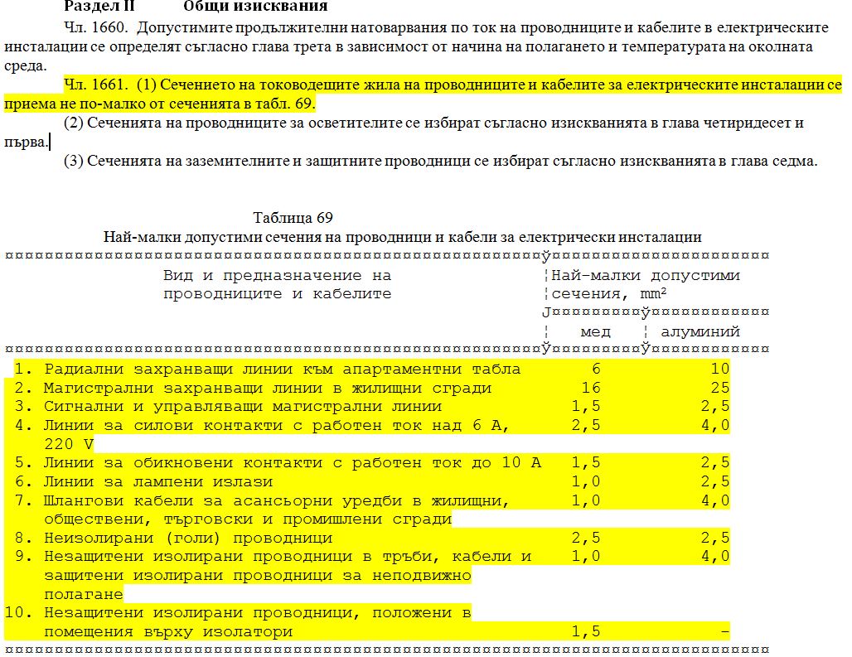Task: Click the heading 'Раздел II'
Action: [99, 7]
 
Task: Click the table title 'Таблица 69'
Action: [293, 218]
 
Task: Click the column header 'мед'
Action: [595, 331]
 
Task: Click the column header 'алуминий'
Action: [700, 331]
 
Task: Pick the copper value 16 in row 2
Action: [591, 388]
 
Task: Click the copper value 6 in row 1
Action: [595, 369]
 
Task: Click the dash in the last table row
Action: [725, 631]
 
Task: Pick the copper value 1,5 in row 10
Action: [586, 631]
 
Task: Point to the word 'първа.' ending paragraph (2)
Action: [26, 142]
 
